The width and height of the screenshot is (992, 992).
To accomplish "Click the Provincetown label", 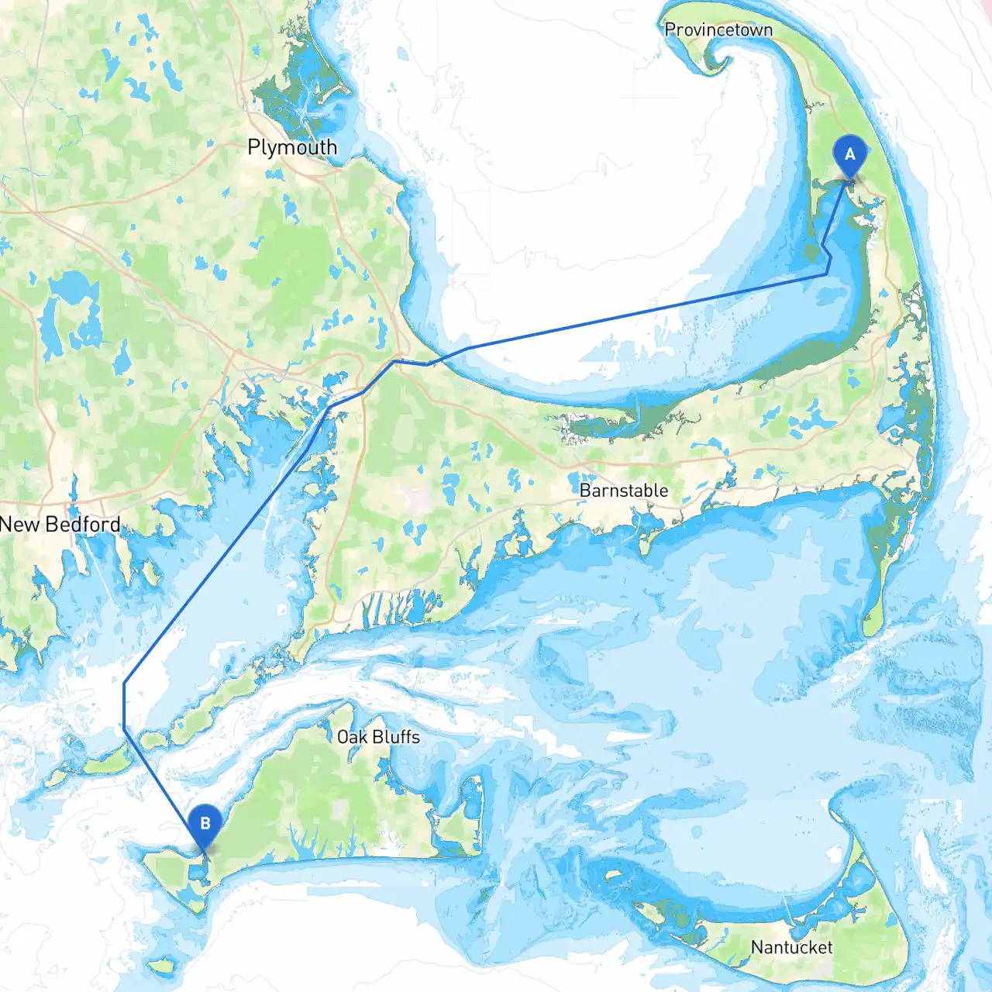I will point(718,29).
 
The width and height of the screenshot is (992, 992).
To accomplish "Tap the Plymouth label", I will point(292,146).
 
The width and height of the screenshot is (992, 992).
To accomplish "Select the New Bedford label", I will point(60,525).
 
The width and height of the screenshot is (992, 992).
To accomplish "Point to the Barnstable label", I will point(624,491).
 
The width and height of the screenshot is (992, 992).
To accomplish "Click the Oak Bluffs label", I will point(378,737).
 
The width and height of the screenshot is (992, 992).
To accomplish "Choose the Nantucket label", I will point(791,947).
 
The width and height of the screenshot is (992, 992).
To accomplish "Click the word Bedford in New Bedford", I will point(82,525).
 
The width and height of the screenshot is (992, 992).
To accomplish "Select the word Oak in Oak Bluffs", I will point(352,737).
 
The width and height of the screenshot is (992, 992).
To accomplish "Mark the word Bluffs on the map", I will point(396,737).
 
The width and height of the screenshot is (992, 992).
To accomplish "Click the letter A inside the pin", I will point(849,153).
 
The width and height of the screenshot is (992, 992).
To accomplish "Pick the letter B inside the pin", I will point(205,822).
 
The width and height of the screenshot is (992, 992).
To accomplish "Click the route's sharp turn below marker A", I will point(828,274).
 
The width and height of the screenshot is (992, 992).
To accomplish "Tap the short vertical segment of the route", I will point(124,705).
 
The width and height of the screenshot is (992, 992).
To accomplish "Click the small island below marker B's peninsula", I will point(162,966).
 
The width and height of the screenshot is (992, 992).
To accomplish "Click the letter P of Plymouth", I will point(253,146).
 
